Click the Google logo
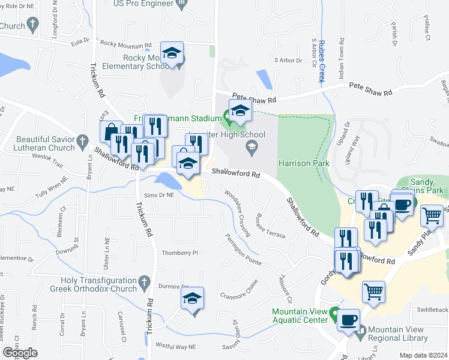(20, 353)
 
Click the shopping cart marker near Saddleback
(373, 292)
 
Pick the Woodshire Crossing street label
(238, 213)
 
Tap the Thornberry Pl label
(179, 253)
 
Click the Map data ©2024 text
(424, 355)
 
